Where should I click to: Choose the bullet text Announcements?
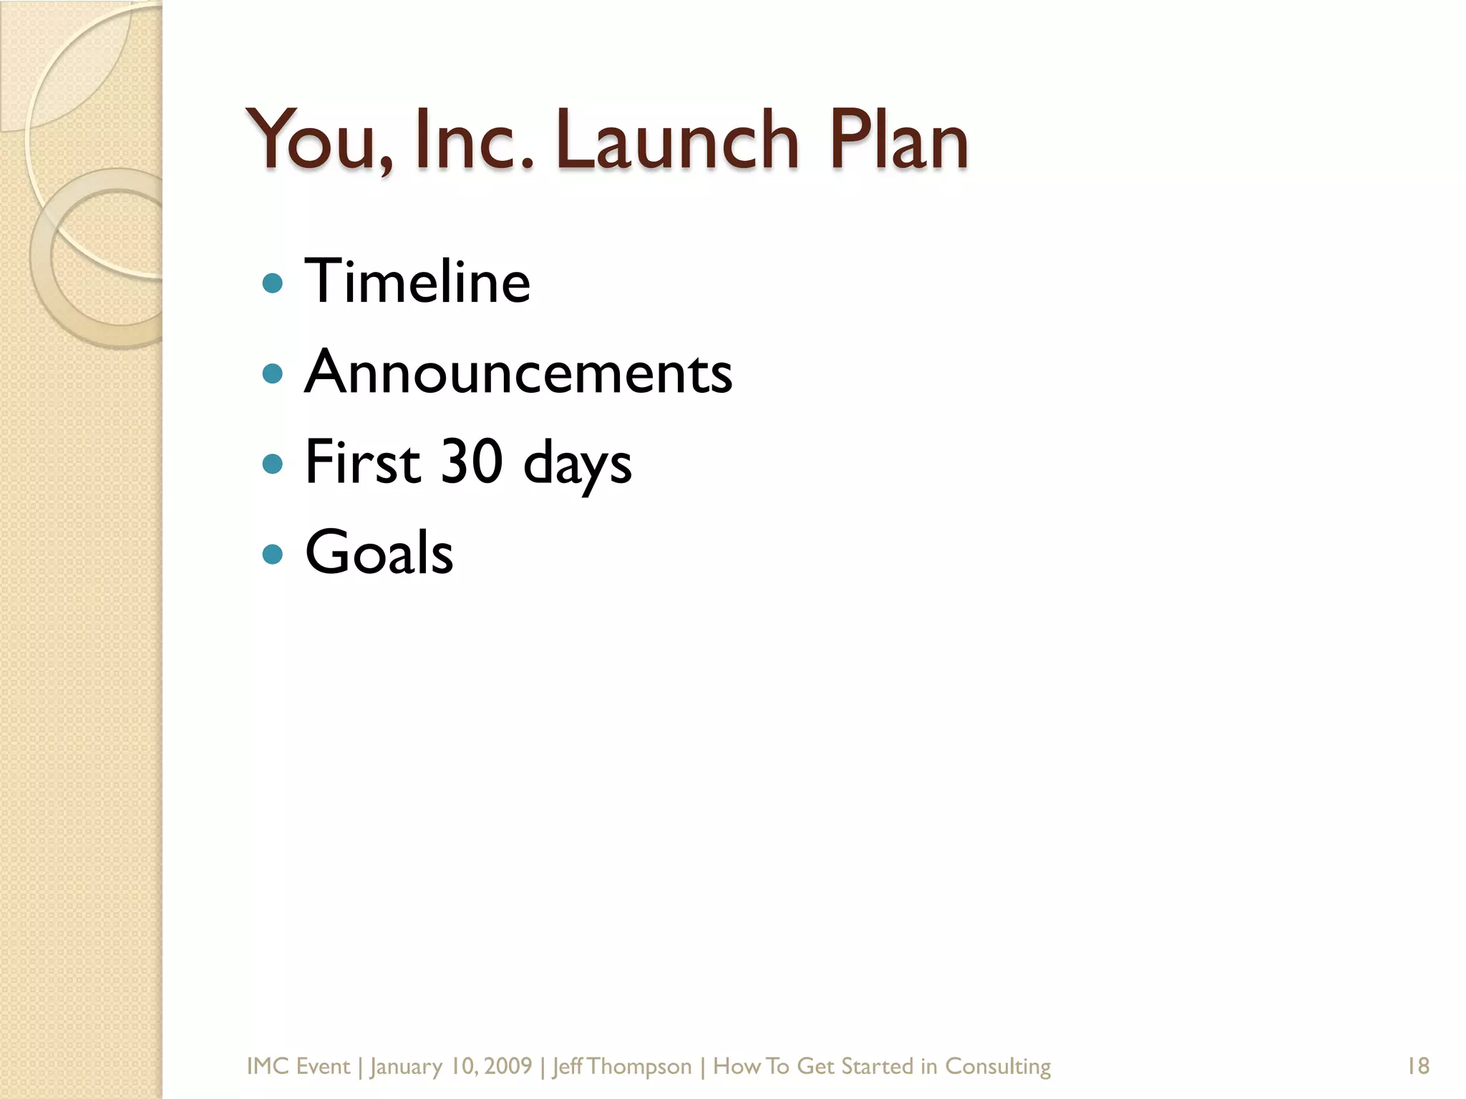518,372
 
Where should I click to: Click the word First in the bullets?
362,462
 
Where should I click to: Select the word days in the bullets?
577,465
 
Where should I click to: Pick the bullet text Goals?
379,552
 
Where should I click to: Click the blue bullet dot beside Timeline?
273,284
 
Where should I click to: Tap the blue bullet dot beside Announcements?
273,373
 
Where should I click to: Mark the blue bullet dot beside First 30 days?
273,464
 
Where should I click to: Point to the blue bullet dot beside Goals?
273,554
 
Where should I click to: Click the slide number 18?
1418,1066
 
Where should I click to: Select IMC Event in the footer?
298,1066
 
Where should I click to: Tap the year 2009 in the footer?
508,1066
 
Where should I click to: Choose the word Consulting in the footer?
998,1067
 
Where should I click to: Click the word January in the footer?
406,1067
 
